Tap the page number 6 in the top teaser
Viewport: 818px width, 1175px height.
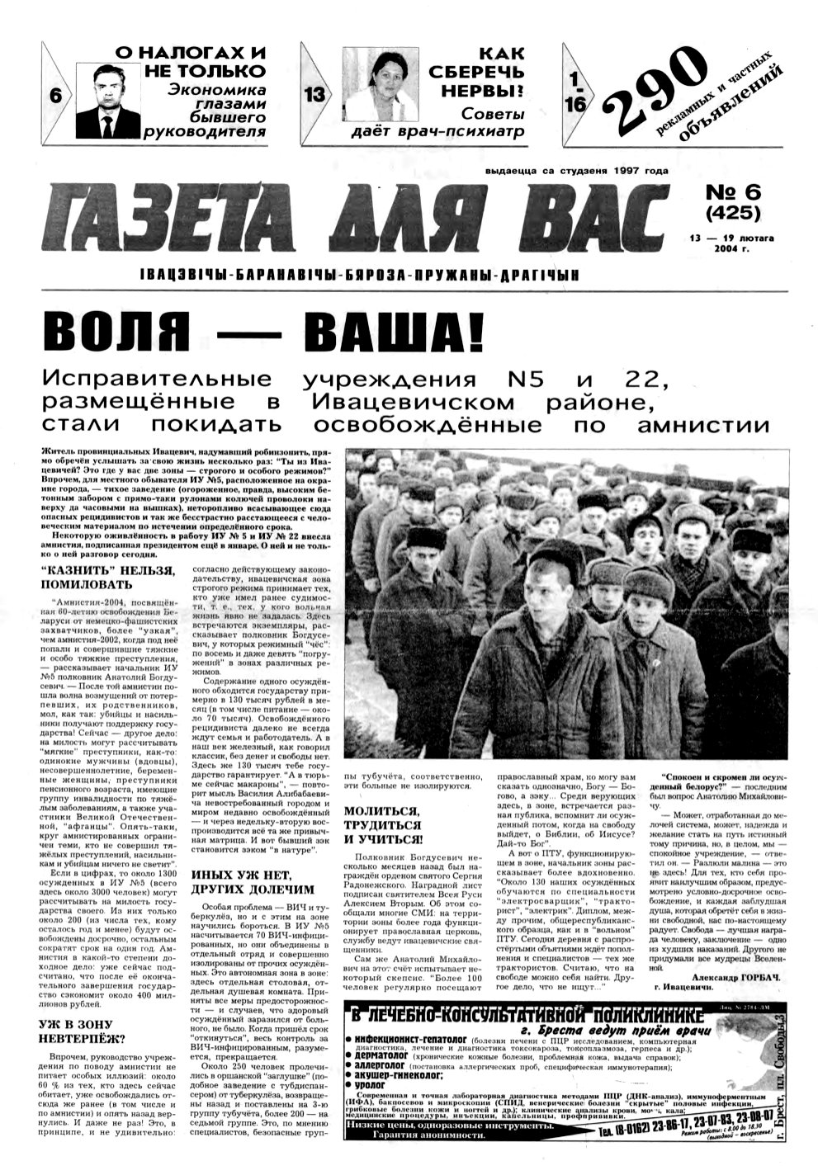pyautogui.click(x=56, y=96)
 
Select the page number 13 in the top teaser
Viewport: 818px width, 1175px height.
pyautogui.click(x=316, y=96)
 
